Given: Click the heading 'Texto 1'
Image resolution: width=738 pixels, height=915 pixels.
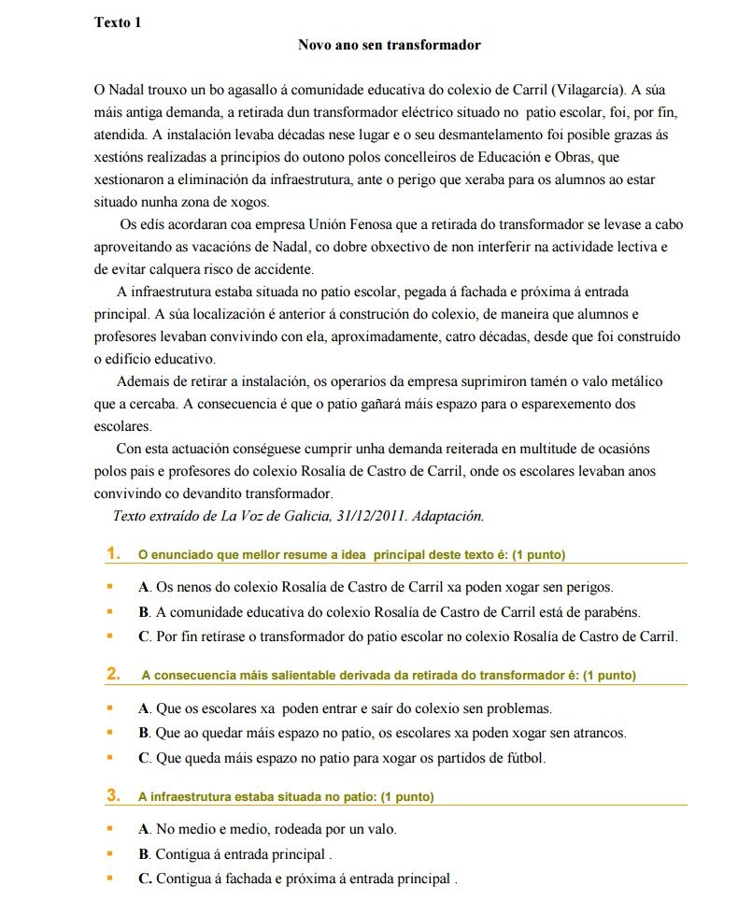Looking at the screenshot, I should click(x=118, y=22).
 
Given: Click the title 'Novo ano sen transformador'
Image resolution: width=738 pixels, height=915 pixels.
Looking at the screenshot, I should click(x=389, y=45).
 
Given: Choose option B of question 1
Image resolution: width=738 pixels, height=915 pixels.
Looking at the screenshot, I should click(x=389, y=612).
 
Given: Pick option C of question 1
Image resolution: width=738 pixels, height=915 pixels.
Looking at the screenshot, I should click(x=407, y=637).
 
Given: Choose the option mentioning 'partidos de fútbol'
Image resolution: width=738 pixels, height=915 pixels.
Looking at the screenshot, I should click(x=342, y=758).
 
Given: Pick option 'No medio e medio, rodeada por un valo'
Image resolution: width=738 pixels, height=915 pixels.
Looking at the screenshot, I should click(x=267, y=829).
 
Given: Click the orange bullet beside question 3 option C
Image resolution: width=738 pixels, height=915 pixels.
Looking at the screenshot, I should click(x=109, y=879).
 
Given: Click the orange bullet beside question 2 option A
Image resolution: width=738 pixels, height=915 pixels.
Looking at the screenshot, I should click(x=109, y=708).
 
